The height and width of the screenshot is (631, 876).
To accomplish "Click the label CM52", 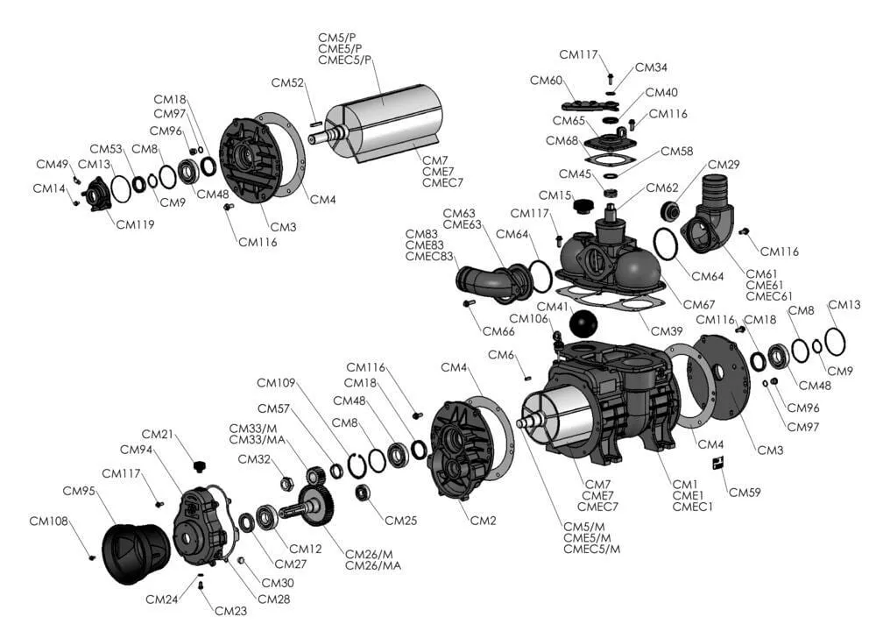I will [x=287, y=83].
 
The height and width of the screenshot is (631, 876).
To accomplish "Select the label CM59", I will [x=745, y=492].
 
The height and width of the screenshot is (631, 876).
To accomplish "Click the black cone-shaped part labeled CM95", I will [x=135, y=553].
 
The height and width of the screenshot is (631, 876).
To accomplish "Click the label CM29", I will [x=724, y=165].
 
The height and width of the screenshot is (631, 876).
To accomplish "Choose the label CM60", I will [x=546, y=81].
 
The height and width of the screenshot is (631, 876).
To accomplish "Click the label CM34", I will [x=651, y=67].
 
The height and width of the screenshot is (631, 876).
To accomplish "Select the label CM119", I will [x=135, y=224].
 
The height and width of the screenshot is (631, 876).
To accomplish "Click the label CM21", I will [x=158, y=434].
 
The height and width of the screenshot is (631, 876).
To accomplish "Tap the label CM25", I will [x=400, y=521].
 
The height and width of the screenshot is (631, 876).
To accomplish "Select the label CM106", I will [x=528, y=318].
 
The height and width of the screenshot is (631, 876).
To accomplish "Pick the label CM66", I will [x=498, y=331].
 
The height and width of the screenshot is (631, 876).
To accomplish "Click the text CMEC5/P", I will [x=345, y=60].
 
